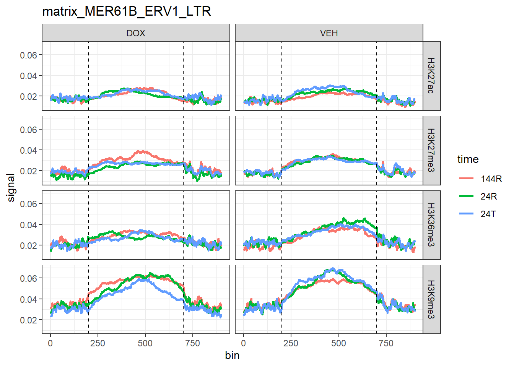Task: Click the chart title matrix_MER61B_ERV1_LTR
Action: pyautogui.click(x=126, y=11)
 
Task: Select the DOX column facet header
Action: pyautogui.click(x=136, y=33)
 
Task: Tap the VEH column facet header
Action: pyautogui.click(x=329, y=33)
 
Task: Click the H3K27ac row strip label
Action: pyautogui.click(x=431, y=76)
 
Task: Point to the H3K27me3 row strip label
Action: pyautogui.click(x=431, y=150)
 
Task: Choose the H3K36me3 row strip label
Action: pyautogui.click(x=431, y=225)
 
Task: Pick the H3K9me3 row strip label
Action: pyautogui.click(x=431, y=299)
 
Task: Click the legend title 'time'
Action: pyautogui.click(x=468, y=159)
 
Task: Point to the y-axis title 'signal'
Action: pyautogui.click(x=11, y=188)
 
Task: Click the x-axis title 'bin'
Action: pyautogui.click(x=232, y=356)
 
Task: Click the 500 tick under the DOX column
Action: pyautogui.click(x=145, y=343)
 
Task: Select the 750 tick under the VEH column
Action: pyautogui.click(x=386, y=343)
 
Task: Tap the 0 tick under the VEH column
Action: pyautogui.click(x=244, y=343)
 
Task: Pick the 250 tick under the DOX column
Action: pyautogui.click(x=98, y=343)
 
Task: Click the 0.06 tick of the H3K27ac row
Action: pyautogui.click(x=29, y=55)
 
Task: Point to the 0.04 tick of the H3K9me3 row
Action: pyautogui.click(x=29, y=299)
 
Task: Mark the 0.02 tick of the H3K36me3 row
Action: pyautogui.click(x=29, y=245)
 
